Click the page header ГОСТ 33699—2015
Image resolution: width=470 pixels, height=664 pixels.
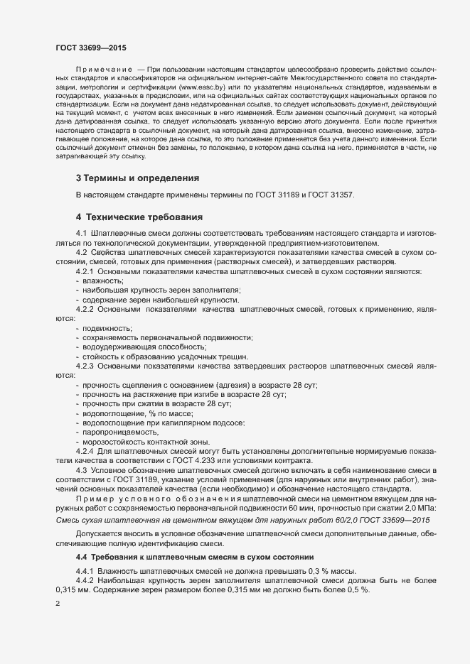click(x=92, y=47)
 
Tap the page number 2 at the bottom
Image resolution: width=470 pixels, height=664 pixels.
click(x=58, y=604)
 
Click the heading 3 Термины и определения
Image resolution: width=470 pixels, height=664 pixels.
click(x=137, y=178)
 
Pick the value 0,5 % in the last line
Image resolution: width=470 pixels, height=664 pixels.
click(x=357, y=592)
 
